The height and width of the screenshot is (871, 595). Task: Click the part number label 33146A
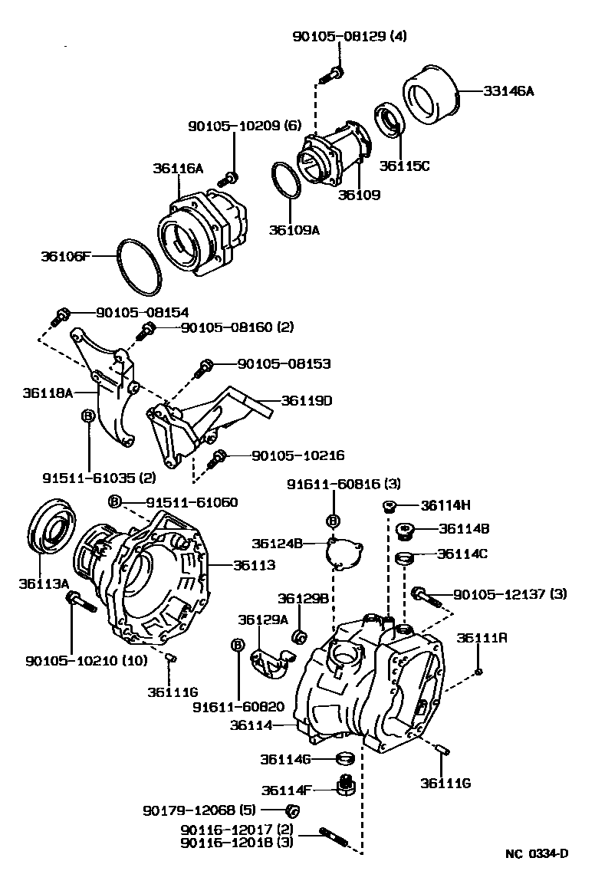coord(508,90)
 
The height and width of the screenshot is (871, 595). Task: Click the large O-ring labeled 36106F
coord(139,266)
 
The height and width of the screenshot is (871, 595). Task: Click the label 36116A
coord(177,169)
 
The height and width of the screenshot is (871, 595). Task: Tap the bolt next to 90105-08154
coord(62,314)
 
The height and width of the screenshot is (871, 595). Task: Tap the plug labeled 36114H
coord(390,506)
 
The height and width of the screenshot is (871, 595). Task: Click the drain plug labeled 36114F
coord(346,785)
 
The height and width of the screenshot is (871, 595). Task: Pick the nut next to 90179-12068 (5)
coord(291,810)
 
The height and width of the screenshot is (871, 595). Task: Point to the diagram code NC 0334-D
coord(536,853)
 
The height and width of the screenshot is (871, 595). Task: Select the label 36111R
coord(478,638)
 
